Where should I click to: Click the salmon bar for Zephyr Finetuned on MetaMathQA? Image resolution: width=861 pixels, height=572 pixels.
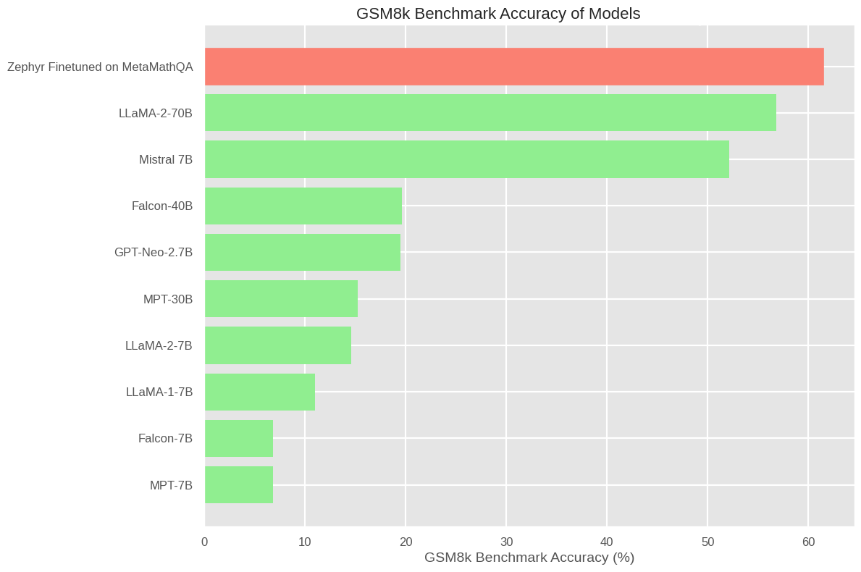tap(514, 67)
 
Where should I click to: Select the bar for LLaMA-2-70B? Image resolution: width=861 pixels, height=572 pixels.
tap(490, 113)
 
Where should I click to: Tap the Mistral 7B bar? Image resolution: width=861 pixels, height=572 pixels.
tap(467, 159)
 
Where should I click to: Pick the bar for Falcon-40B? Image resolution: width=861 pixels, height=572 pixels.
tap(303, 206)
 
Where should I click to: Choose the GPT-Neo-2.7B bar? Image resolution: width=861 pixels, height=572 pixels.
tap(303, 252)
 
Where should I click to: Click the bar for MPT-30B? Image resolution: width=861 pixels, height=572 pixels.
tap(281, 298)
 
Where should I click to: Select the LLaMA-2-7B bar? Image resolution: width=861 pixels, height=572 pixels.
tap(278, 345)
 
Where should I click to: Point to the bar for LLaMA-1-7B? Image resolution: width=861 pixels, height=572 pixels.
tap(260, 392)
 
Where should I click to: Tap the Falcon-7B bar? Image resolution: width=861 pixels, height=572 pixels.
tap(239, 438)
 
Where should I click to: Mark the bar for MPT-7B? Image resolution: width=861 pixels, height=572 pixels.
tap(239, 484)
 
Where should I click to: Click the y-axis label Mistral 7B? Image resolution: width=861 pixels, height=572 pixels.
tap(166, 159)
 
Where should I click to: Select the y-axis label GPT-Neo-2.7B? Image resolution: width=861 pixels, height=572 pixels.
tap(154, 252)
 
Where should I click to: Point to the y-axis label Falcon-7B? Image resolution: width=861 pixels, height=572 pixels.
tap(165, 438)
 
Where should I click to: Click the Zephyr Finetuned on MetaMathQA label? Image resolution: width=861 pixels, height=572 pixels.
tap(100, 67)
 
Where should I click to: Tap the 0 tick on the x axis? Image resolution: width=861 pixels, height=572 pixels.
tap(205, 542)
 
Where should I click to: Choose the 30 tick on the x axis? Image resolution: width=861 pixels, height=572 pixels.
tap(506, 542)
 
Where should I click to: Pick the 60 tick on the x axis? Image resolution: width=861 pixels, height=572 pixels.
tap(808, 542)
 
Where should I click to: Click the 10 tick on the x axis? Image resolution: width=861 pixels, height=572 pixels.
tap(305, 542)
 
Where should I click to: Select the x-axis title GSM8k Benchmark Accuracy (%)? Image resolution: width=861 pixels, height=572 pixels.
tap(529, 558)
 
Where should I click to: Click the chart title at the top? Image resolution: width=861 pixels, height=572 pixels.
tap(498, 13)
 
